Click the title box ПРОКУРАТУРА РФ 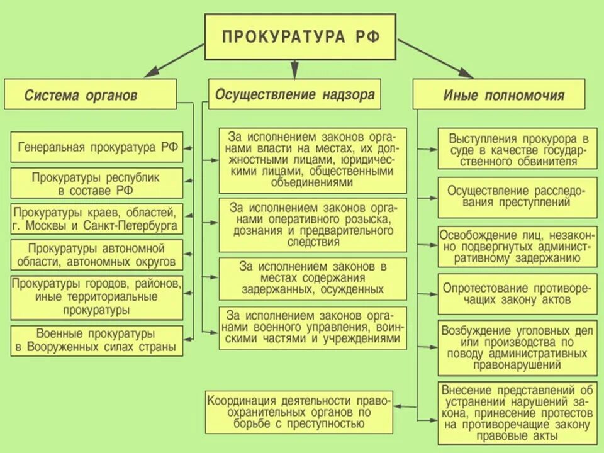click(x=301, y=36)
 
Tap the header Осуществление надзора click(x=294, y=94)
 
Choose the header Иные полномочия click(x=499, y=95)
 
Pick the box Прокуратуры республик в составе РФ click(x=98, y=183)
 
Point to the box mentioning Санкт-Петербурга click(x=98, y=218)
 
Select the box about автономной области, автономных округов click(x=98, y=254)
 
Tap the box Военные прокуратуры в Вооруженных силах click(x=98, y=340)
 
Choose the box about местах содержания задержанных click(x=313, y=277)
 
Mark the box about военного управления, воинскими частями click(x=313, y=327)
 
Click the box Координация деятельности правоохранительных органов click(x=299, y=412)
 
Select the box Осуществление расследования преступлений click(x=517, y=196)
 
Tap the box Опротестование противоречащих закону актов click(x=517, y=293)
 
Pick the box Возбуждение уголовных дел click(x=517, y=347)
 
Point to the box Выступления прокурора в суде click(x=517, y=149)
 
